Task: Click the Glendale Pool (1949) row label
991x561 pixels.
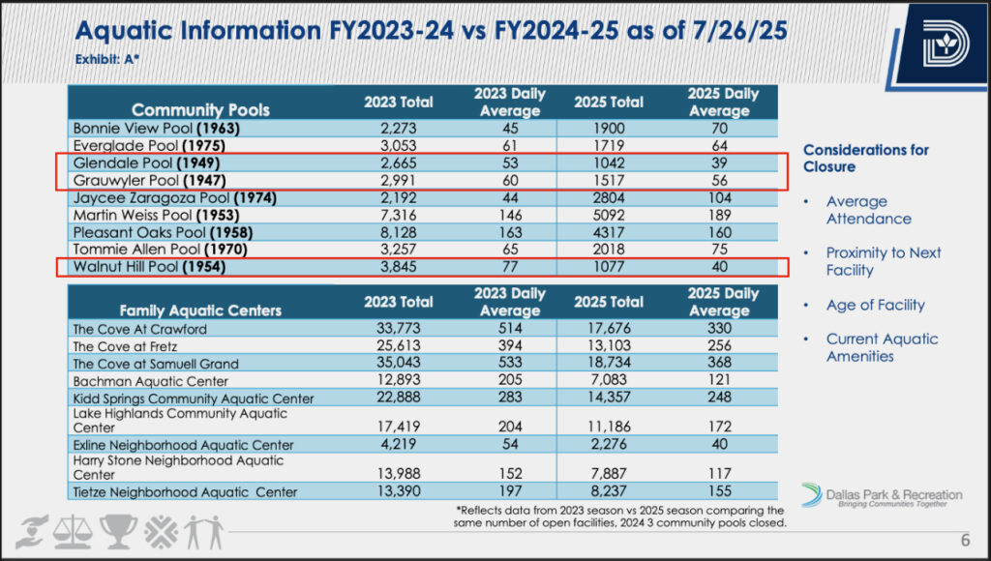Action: click(x=146, y=163)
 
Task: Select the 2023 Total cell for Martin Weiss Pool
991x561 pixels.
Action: click(x=398, y=215)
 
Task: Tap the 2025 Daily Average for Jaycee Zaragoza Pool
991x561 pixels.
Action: click(x=719, y=197)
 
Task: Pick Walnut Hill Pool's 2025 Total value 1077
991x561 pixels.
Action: click(x=608, y=267)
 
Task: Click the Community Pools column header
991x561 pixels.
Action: click(x=200, y=110)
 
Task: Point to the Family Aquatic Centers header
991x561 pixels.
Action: click(x=200, y=310)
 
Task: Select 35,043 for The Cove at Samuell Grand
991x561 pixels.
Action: click(x=398, y=363)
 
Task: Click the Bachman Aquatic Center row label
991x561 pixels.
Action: click(x=150, y=382)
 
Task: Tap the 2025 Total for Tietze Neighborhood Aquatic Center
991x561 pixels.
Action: click(x=609, y=491)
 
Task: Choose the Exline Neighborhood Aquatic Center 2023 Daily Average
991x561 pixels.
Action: click(x=510, y=444)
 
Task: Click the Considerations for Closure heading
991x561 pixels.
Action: click(x=866, y=159)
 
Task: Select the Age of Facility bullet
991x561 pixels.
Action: click(x=875, y=305)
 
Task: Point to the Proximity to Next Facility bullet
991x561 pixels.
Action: click(x=884, y=261)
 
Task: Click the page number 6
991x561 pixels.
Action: click(x=965, y=540)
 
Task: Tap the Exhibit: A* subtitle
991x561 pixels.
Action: click(x=106, y=59)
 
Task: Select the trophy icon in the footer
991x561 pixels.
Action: click(x=118, y=531)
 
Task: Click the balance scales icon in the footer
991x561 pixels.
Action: click(x=73, y=532)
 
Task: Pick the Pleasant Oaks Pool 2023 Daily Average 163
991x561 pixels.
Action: click(x=510, y=232)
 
